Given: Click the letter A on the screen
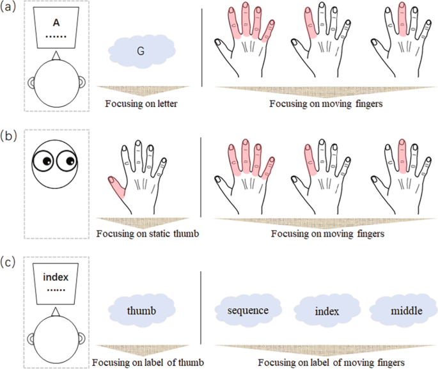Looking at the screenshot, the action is [56, 22].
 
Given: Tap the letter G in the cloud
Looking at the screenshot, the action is [141, 51].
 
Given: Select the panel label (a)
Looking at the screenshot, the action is [8, 6].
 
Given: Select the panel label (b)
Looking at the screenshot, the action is [8, 136].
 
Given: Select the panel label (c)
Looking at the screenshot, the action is [8, 262].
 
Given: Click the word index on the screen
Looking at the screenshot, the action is [56, 277].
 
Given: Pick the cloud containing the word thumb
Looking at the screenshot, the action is [141, 310].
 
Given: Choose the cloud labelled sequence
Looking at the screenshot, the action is [248, 310].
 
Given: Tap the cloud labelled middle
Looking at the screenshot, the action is [404, 310].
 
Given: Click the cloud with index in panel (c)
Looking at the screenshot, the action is [327, 311].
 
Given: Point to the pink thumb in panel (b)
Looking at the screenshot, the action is [116, 187].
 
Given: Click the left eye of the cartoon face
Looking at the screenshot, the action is [43, 161].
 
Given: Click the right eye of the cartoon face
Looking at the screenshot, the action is [66, 161].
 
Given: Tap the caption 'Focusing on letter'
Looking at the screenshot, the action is [141, 104].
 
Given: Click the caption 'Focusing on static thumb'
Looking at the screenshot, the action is [148, 233].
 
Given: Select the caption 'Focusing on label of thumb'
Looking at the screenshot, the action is [148, 363].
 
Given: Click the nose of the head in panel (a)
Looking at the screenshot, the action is [56, 56].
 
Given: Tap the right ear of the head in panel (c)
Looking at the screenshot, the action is [82, 338].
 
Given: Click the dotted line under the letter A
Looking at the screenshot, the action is [56, 36].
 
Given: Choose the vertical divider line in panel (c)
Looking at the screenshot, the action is [201, 308].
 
